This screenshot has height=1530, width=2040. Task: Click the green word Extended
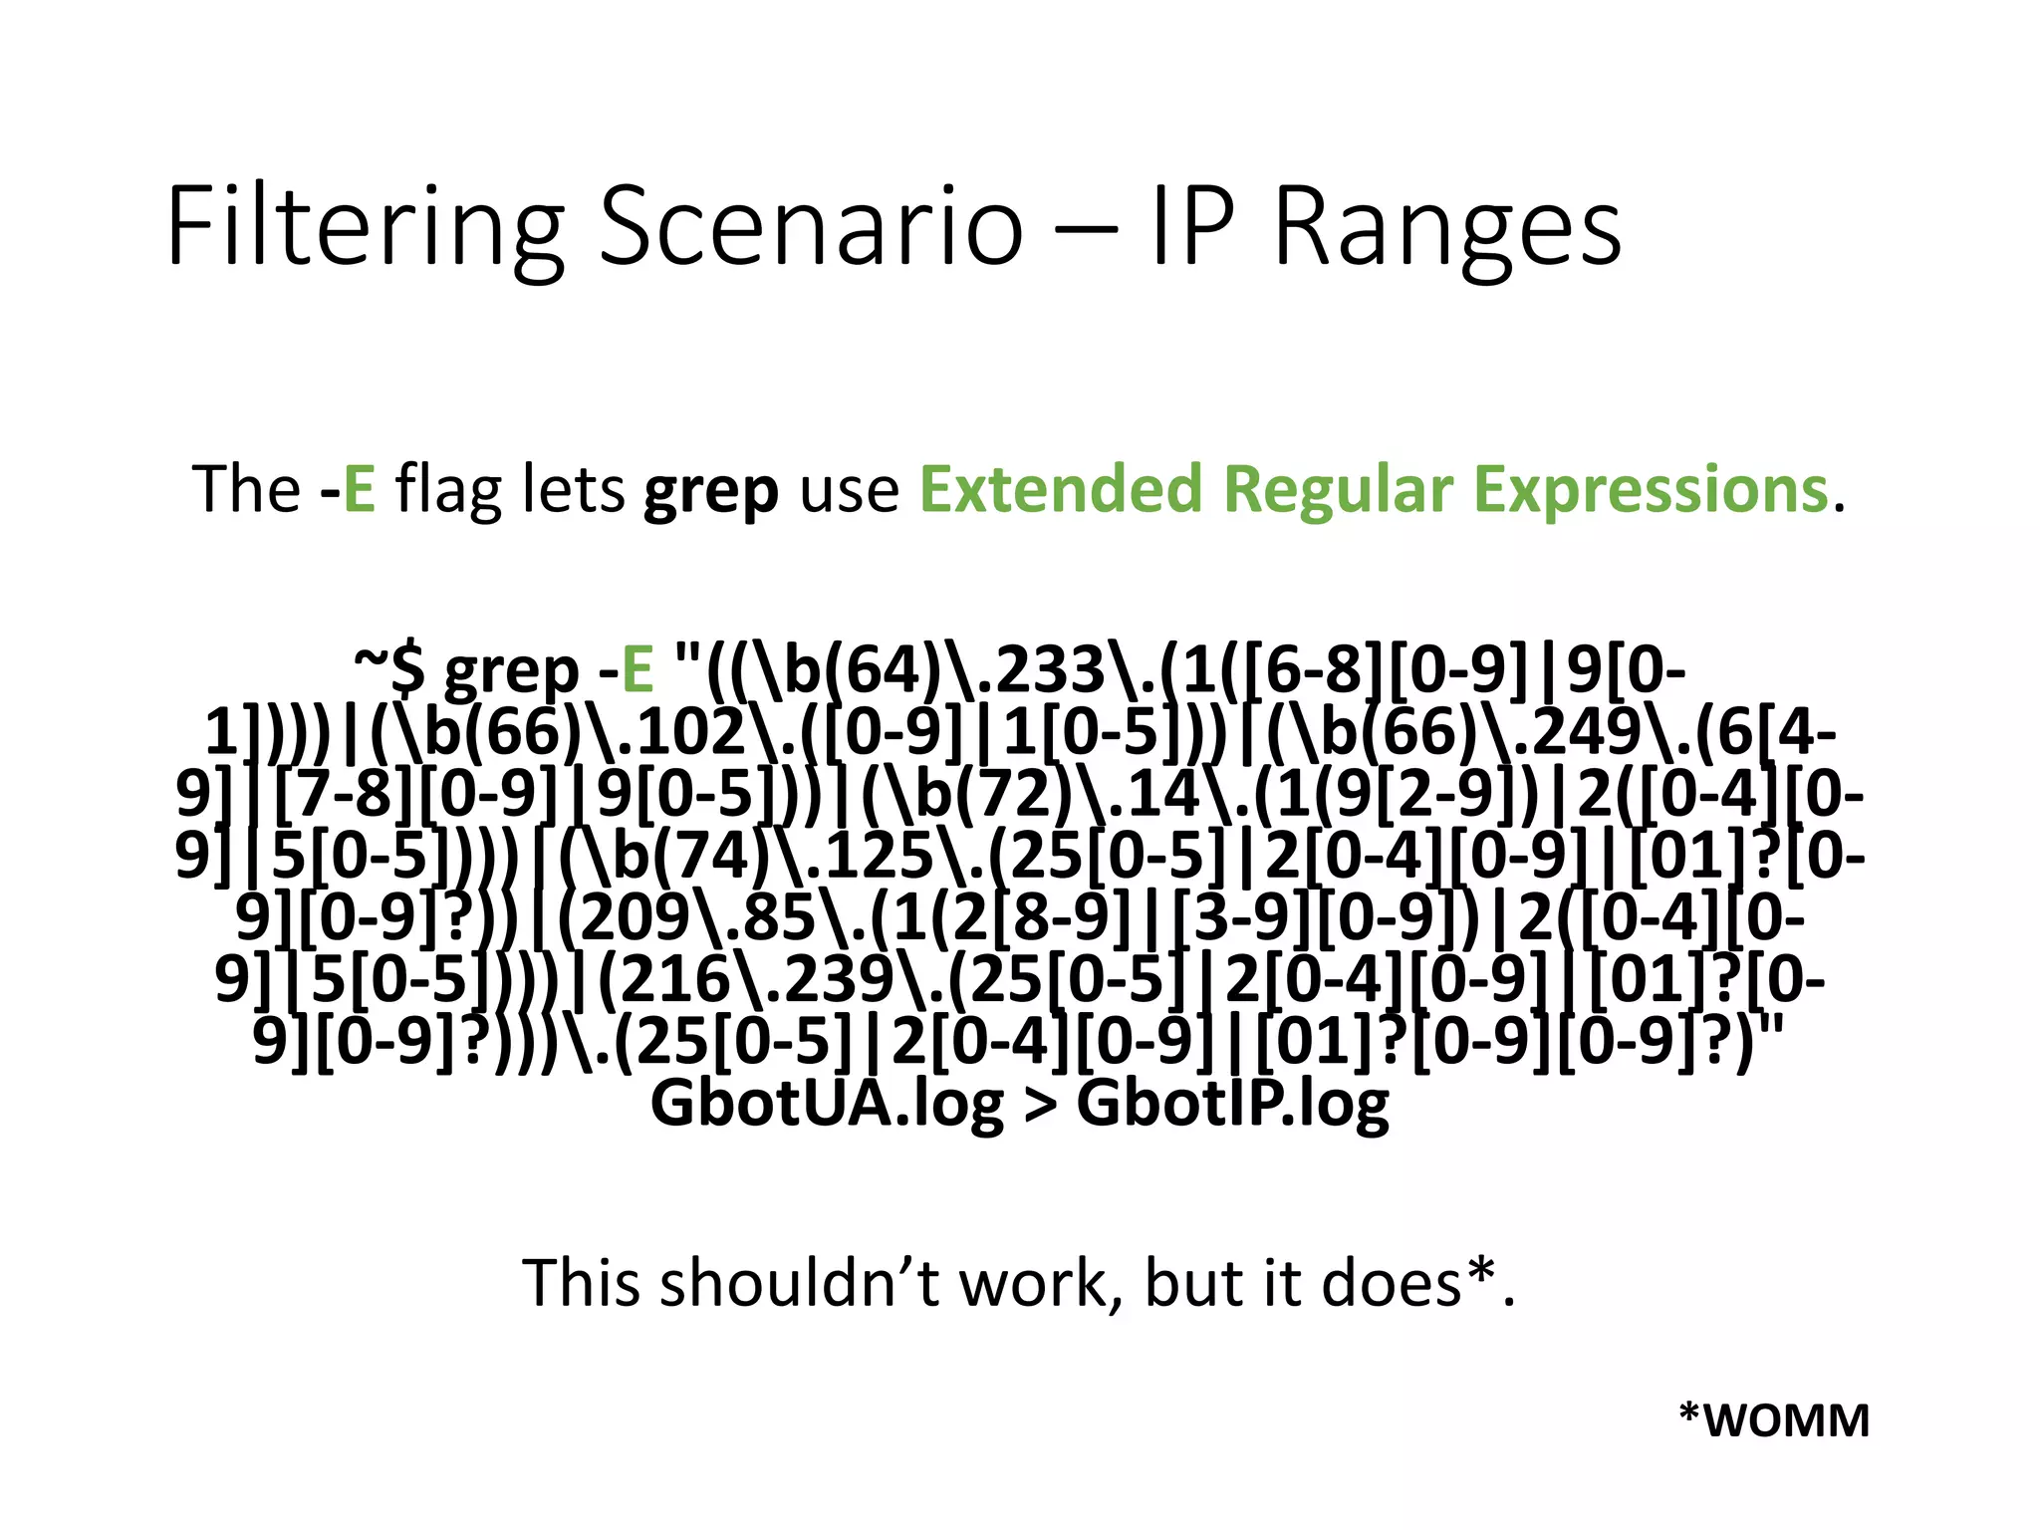point(1060,489)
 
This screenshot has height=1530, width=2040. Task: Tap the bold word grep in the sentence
point(710,491)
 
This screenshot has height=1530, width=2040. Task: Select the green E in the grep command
point(637,669)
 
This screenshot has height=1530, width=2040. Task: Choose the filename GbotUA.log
point(827,1104)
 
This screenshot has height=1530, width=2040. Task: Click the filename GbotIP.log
point(1233,1104)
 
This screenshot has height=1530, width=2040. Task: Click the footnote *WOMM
point(1774,1419)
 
